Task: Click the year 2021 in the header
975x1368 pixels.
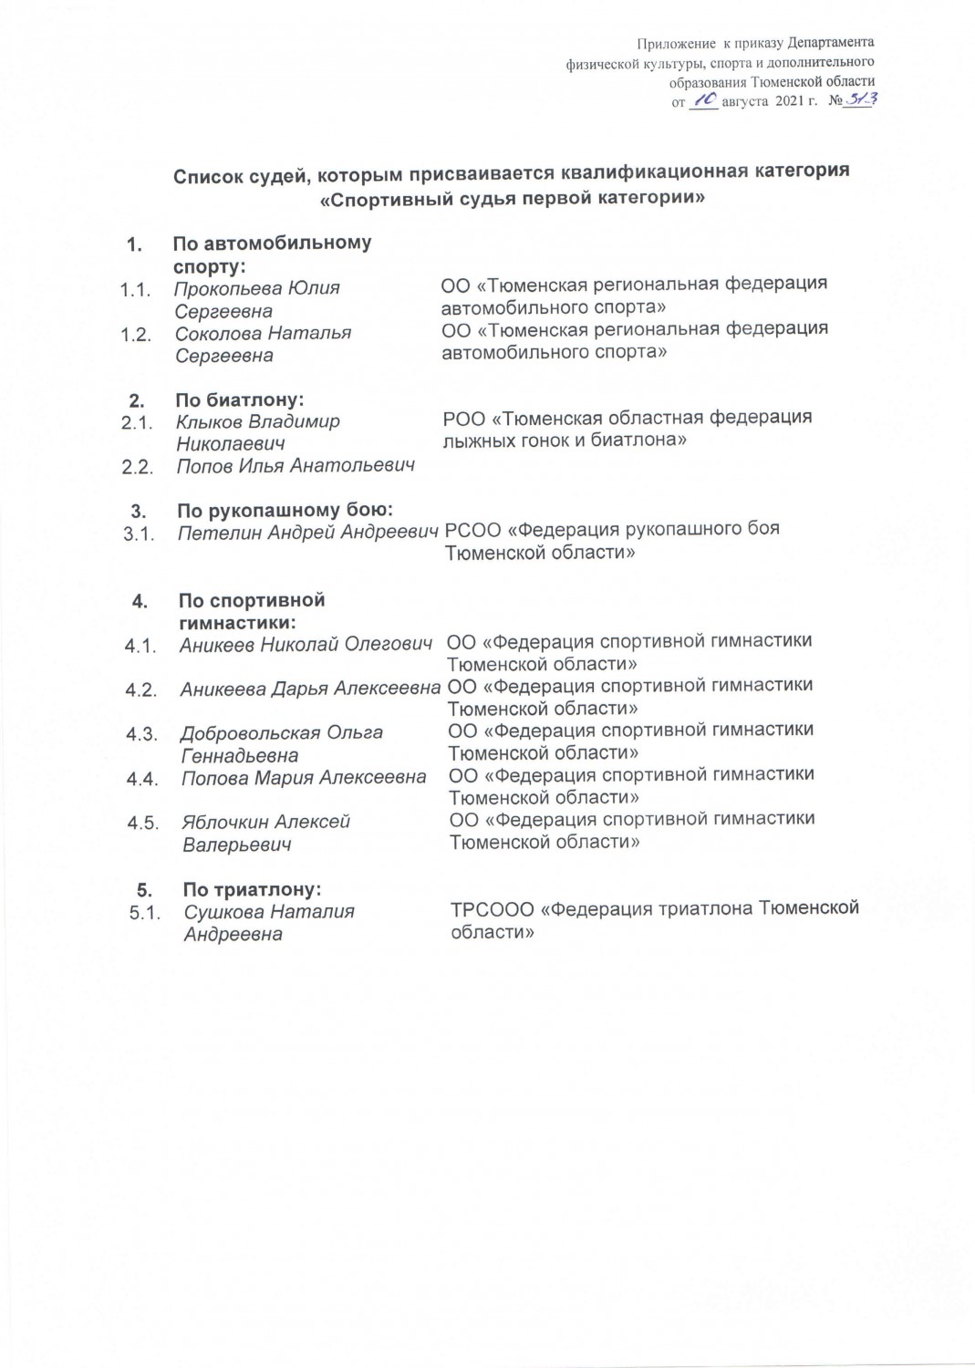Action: [x=789, y=102]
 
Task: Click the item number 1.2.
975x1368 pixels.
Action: [x=136, y=335]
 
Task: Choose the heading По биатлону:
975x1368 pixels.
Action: [x=239, y=399]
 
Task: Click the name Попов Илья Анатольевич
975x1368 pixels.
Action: [x=296, y=466]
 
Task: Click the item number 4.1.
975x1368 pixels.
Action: [x=140, y=647]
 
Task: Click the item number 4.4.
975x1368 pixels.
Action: [x=142, y=780]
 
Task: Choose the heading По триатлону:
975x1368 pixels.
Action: [x=252, y=889]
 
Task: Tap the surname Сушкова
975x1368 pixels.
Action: [x=223, y=912]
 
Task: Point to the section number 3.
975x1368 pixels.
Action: [x=139, y=512]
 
